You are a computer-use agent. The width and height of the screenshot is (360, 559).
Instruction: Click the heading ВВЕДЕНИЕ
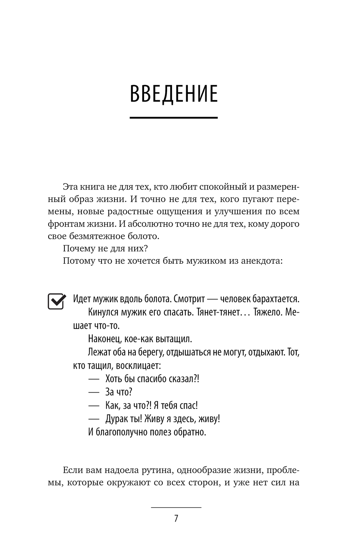coord(174,94)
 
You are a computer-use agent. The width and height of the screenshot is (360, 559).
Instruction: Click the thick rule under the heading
coord(174,117)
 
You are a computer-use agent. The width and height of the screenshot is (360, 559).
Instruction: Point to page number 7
coord(176,519)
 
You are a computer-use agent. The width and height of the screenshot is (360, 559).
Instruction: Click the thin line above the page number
coord(176,507)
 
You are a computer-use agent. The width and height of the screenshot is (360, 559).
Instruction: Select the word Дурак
coord(118,419)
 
